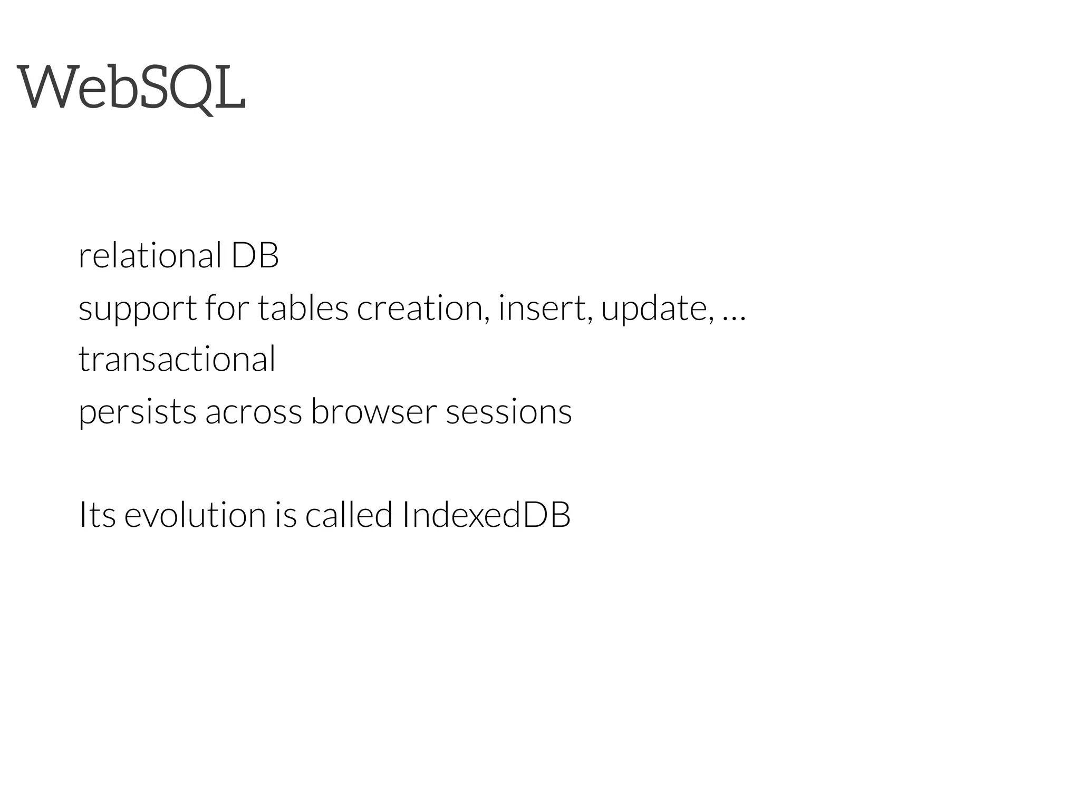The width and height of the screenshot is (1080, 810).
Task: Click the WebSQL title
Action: pos(131,87)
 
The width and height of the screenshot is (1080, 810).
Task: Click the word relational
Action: pos(150,256)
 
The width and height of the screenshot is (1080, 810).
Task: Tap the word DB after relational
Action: pos(255,256)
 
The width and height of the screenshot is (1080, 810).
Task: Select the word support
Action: pos(137,309)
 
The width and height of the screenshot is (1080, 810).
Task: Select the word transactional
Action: pos(177,359)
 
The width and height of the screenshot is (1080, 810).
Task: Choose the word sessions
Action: pos(509,411)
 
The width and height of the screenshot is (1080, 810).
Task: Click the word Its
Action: pos(97,515)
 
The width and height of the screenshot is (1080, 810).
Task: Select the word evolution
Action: pos(195,515)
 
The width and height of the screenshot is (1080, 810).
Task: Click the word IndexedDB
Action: pos(486,515)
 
